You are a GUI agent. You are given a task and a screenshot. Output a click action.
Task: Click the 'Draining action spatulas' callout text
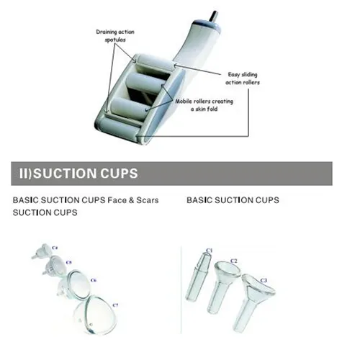click(114, 36)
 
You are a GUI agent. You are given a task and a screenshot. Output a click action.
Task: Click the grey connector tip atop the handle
click(212, 15)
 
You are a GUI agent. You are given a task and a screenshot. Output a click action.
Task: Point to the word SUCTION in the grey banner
click(66, 174)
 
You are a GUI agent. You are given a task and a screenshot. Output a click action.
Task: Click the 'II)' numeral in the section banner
click(26, 174)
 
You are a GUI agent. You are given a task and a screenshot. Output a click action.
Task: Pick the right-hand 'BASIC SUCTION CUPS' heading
click(232, 199)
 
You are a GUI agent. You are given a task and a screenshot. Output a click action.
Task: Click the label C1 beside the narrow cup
click(209, 250)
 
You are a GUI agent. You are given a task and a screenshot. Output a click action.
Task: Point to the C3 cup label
click(263, 279)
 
